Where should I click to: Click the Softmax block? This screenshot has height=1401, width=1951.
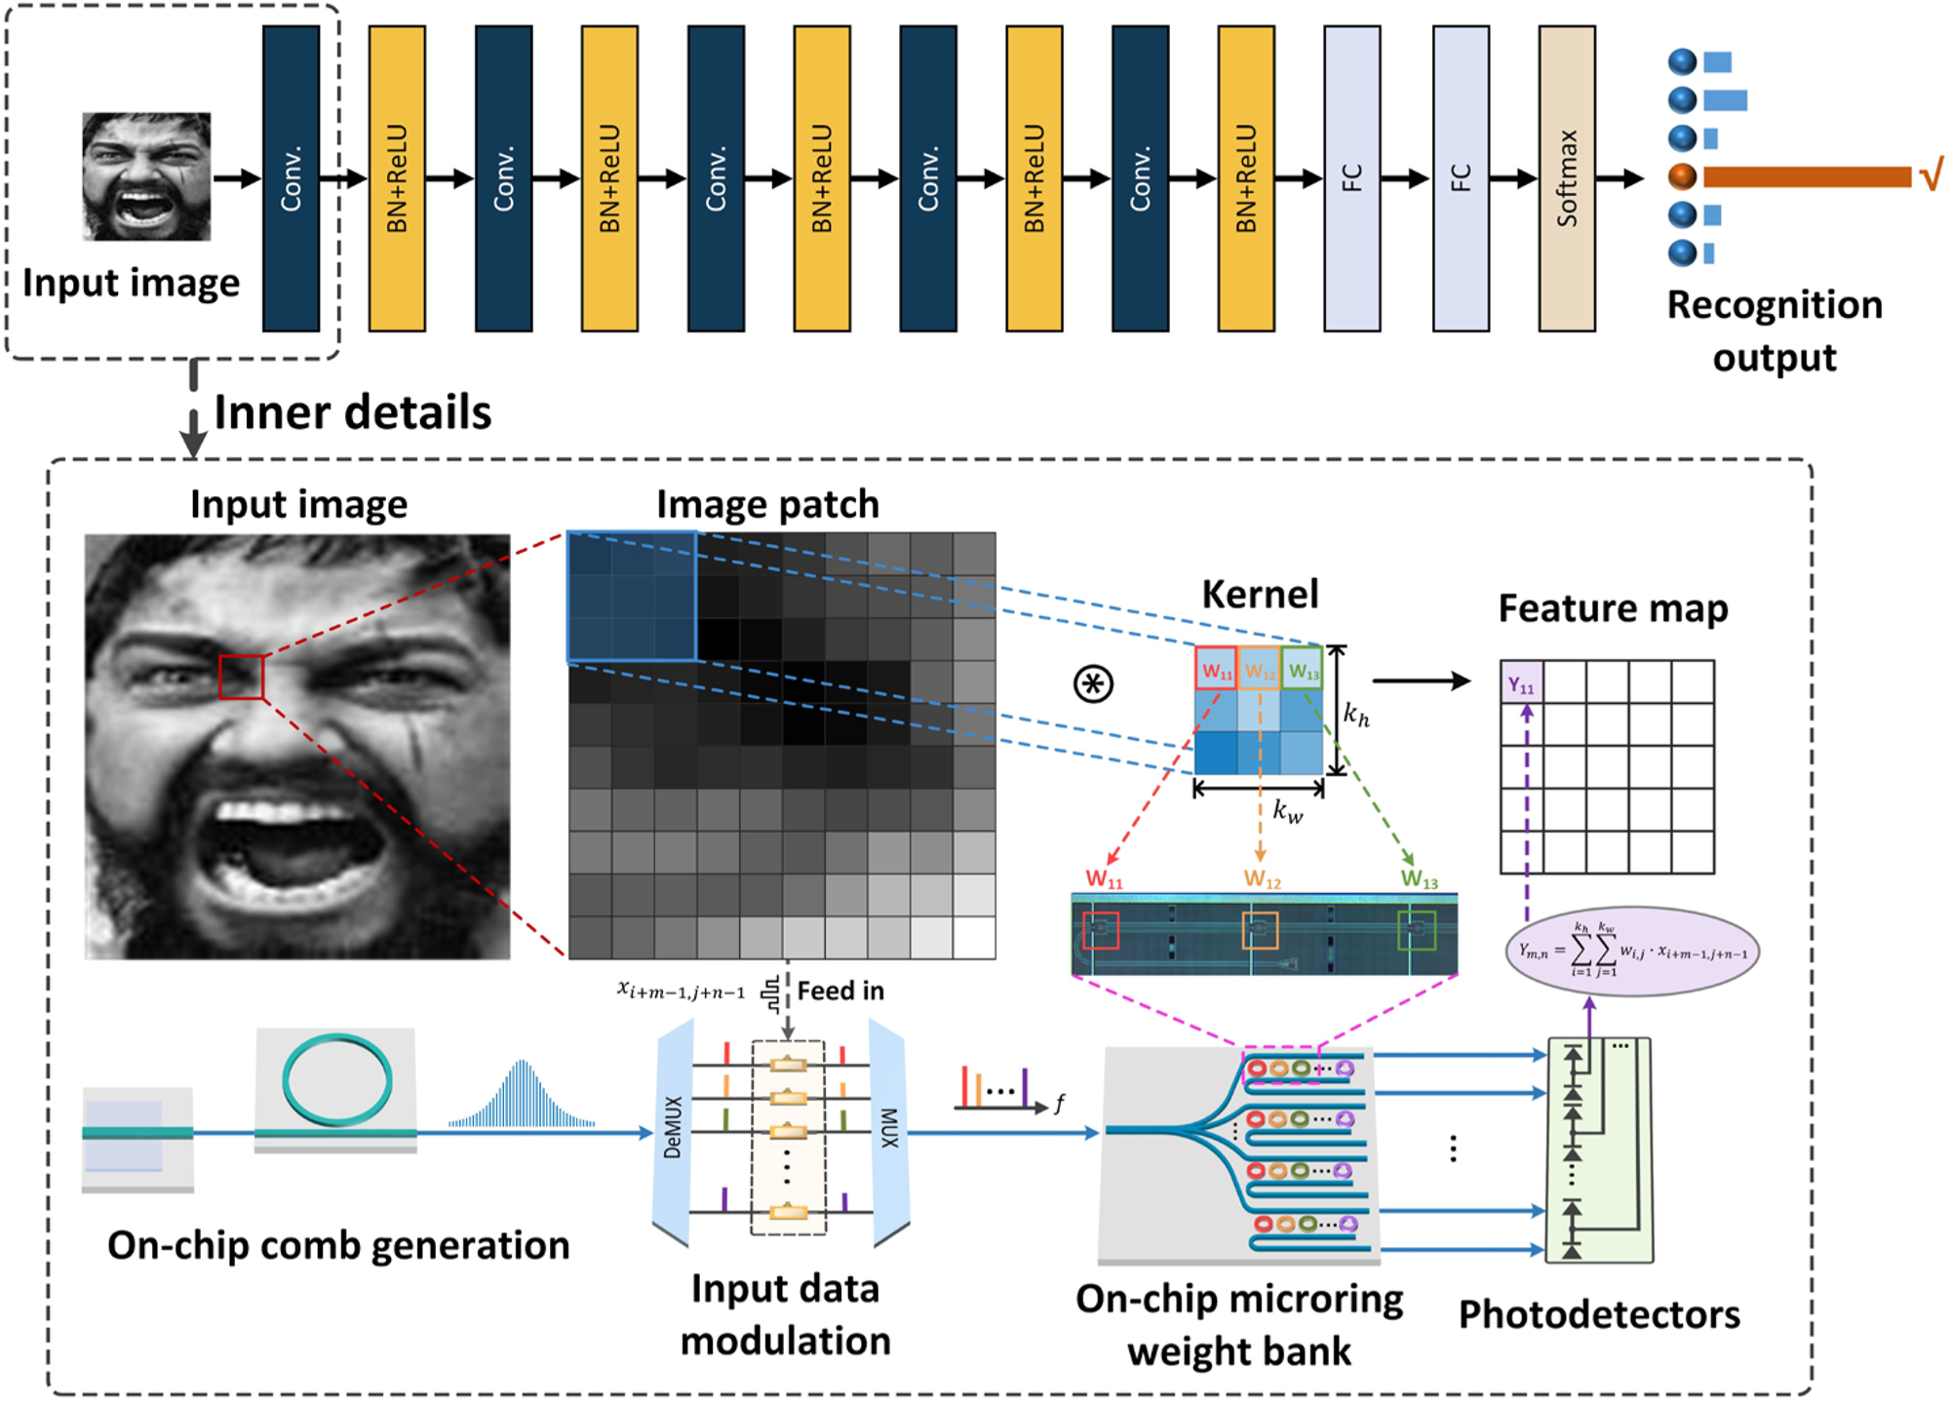[x=1566, y=178]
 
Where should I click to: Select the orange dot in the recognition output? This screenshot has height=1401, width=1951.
[x=1682, y=176]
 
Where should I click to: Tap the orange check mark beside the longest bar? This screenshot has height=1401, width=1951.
[x=1931, y=175]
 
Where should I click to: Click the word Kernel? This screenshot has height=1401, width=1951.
[x=1260, y=594]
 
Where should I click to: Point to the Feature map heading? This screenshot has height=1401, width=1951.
[x=1613, y=608]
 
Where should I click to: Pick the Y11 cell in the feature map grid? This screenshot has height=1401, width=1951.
[x=1521, y=682]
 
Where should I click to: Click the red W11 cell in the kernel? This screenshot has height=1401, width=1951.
[x=1216, y=670]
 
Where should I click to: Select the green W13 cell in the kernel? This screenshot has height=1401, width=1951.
[x=1303, y=670]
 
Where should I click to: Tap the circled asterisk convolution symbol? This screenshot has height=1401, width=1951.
[x=1093, y=683]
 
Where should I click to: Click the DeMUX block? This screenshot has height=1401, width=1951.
[x=674, y=1131]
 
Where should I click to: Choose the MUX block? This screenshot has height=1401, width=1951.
[x=888, y=1131]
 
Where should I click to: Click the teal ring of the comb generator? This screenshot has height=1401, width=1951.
[x=336, y=1080]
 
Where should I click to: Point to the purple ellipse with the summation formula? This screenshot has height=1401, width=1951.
[x=1632, y=952]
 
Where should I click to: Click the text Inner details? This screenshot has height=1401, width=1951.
[x=352, y=412]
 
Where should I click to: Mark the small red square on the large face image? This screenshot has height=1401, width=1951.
[x=241, y=677]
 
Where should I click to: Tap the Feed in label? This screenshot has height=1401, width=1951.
[x=840, y=992]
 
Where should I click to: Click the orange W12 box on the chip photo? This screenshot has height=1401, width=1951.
[x=1260, y=930]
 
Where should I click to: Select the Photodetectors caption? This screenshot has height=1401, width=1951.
[x=1599, y=1314]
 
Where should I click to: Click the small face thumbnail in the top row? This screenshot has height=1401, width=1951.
[x=146, y=176]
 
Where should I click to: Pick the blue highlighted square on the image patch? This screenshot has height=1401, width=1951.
[x=632, y=597]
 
